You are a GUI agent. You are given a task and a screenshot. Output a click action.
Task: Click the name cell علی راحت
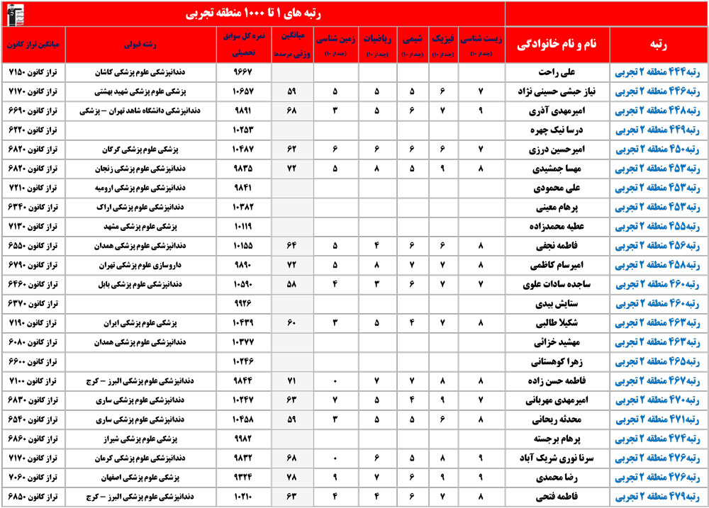[557, 72]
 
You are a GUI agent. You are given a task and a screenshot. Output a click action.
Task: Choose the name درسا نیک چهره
[557, 130]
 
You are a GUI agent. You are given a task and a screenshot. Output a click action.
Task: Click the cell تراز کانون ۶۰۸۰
[33, 342]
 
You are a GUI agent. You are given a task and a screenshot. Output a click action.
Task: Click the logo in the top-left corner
[14, 13]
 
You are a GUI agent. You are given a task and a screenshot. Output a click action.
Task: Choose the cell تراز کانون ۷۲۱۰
[33, 188]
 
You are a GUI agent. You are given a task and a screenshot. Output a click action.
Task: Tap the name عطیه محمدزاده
[557, 227]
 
